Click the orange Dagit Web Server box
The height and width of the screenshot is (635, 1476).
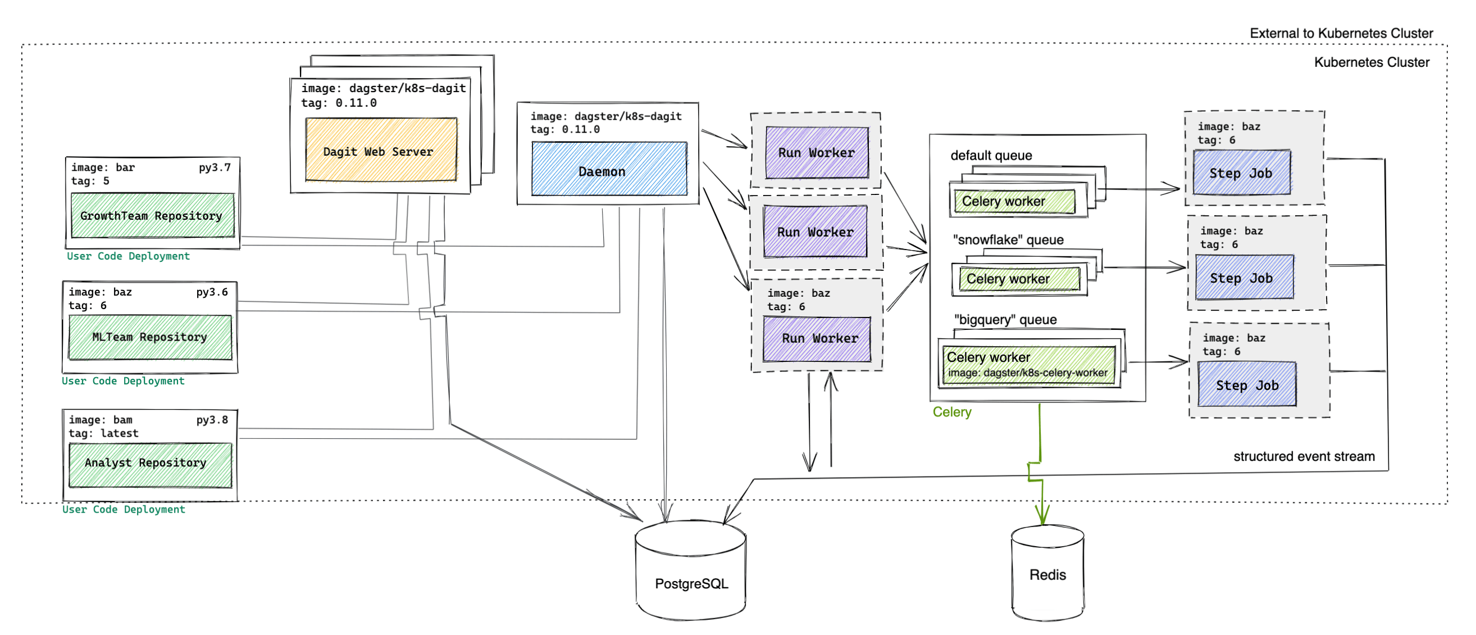pyautogui.click(x=380, y=150)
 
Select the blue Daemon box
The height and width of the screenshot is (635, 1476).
pyautogui.click(x=608, y=170)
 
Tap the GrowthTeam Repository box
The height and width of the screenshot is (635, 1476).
pyautogui.click(x=152, y=215)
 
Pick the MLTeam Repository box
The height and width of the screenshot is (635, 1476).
pyautogui.click(x=150, y=337)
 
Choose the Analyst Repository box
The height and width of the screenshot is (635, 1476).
pyautogui.click(x=150, y=464)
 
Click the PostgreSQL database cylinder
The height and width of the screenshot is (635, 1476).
pyautogui.click(x=690, y=573)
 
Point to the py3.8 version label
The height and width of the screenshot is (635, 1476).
pyautogui.click(x=212, y=420)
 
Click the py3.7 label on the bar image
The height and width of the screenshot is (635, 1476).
pyautogui.click(x=215, y=167)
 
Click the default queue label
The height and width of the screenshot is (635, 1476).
pyautogui.click(x=991, y=155)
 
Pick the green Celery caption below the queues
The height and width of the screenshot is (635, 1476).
pyautogui.click(x=951, y=412)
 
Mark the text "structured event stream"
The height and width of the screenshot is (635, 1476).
pyautogui.click(x=1303, y=456)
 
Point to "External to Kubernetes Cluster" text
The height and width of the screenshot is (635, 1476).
pyautogui.click(x=1341, y=33)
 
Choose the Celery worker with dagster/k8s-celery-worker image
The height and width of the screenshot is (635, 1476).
pyautogui.click(x=1028, y=365)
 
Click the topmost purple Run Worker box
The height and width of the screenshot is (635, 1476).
pyautogui.click(x=816, y=152)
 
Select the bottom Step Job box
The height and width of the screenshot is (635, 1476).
pyautogui.click(x=1246, y=384)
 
